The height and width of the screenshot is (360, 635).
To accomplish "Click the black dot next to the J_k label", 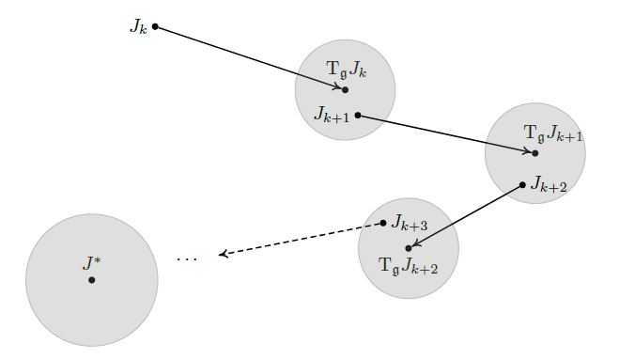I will coord(155,26).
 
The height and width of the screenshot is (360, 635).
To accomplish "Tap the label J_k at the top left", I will coord(138,26).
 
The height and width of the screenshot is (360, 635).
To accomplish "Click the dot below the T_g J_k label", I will coord(345,90).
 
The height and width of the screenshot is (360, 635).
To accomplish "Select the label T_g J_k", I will coord(347,70).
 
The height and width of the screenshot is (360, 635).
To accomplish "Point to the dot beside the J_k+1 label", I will coord(358,115).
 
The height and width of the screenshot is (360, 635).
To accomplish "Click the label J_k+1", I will coord(333,115).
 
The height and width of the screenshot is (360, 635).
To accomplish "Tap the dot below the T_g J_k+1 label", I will coord(535,153).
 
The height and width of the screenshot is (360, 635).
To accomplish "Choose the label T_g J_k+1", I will coord(553,133).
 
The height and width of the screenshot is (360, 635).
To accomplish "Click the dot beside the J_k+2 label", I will coord(522,184).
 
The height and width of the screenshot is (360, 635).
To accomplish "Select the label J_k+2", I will coord(549,185).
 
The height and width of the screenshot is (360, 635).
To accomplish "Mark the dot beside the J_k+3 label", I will coord(383,223).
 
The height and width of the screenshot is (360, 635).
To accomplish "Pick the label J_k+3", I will coord(410,224).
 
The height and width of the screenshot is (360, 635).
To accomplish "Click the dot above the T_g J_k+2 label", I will coord(409,248).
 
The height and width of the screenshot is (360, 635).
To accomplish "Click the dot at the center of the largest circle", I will coord(91,280).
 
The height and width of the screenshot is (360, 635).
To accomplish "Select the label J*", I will coord(91,262).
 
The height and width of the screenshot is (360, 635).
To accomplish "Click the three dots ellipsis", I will coord(187,258).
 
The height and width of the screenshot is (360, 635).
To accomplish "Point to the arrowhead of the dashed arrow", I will coord(222,254).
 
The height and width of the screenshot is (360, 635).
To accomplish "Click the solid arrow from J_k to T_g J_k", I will coord(249,57).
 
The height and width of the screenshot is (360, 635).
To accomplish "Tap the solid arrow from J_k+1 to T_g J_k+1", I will coord(446,133).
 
